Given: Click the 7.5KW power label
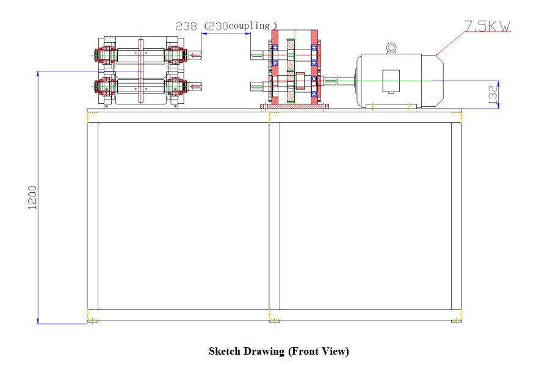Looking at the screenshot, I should pos(487,26).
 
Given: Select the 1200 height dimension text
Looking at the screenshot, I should pos(33,197).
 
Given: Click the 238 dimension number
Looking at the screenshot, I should pos(186,26).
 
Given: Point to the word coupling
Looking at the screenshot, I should pos(249,26).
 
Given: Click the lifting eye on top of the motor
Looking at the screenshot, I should pos(391,47).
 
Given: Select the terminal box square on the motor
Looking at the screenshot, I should pos(391,81).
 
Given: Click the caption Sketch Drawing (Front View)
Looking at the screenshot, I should pos(278,351).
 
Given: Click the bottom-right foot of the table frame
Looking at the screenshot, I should pos(457,320).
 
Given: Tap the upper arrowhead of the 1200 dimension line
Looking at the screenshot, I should pos(38,74).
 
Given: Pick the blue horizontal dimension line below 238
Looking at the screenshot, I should pos(226,34).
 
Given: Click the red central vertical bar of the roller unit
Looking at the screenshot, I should pos(141,71).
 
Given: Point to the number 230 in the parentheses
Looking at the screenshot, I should pos(217,26).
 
